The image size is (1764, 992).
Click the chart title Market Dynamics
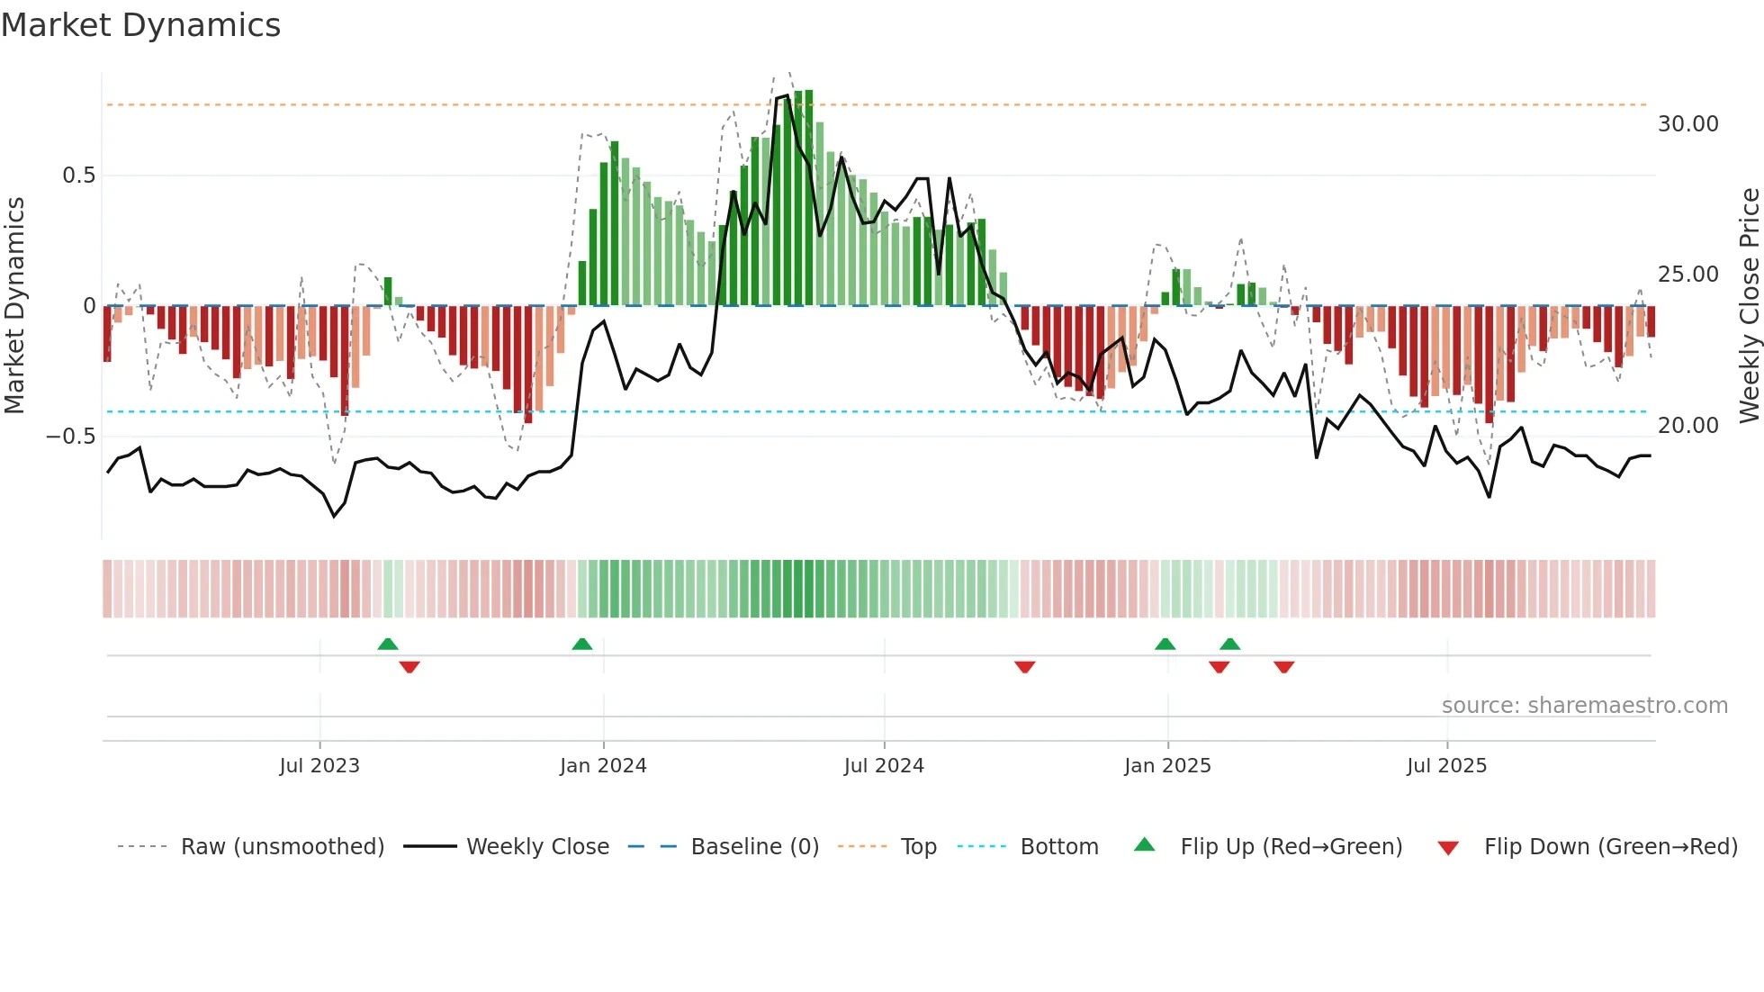pyautogui.click(x=140, y=25)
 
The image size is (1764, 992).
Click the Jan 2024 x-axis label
pyautogui.click(x=603, y=766)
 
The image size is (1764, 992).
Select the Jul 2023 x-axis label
pyautogui.click(x=319, y=766)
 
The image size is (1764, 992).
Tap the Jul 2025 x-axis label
pyautogui.click(x=1446, y=766)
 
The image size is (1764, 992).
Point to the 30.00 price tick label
pyautogui.click(x=1687, y=124)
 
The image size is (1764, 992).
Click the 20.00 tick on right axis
pyautogui.click(x=1687, y=425)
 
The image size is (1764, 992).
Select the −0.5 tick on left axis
pyautogui.click(x=71, y=437)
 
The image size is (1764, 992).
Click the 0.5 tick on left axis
pyautogui.click(x=78, y=176)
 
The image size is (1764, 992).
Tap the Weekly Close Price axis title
pyautogui.click(x=1749, y=306)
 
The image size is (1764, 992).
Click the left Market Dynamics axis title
pyautogui.click(x=14, y=306)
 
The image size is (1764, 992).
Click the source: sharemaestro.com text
pyautogui.click(x=1584, y=706)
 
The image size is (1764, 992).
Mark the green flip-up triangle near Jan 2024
pyautogui.click(x=582, y=644)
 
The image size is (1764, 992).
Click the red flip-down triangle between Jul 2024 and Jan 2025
pyautogui.click(x=1024, y=667)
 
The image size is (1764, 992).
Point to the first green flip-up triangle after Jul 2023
pyautogui.click(x=388, y=644)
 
